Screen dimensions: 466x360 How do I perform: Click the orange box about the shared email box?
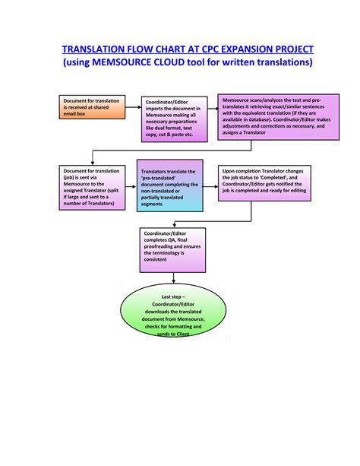pos(90,108)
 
